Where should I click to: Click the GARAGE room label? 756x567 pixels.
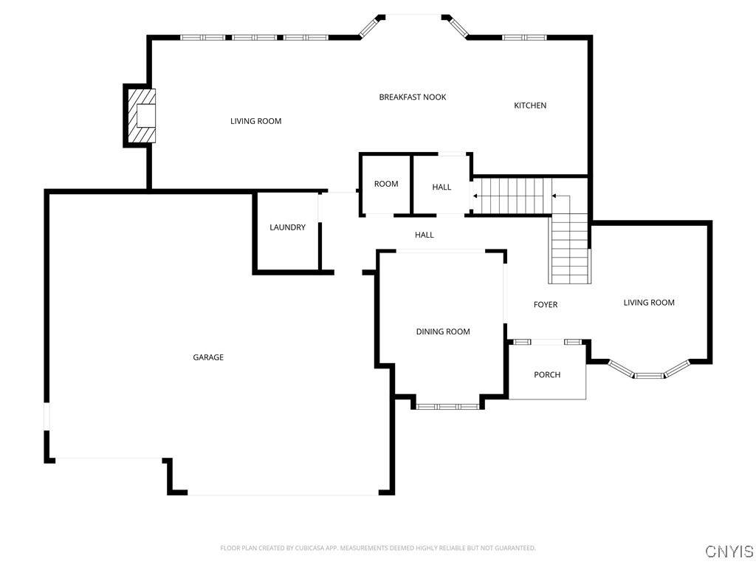coord(208,357)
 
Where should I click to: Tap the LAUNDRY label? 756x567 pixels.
coord(287,227)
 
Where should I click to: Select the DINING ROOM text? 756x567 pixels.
coord(443,331)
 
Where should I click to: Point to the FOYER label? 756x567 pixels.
coord(546,305)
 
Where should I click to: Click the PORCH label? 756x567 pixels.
coord(547,374)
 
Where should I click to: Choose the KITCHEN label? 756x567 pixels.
coord(530,106)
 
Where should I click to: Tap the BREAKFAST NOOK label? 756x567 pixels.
coord(413,97)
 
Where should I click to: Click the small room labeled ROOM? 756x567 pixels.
coord(386,184)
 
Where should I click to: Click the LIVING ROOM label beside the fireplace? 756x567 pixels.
coord(256,121)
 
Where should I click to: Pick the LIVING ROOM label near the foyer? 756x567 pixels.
coord(649,303)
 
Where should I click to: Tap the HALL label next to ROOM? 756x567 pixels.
coord(441,187)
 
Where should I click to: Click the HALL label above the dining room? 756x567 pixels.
coord(425,235)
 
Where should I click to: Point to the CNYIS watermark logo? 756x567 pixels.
coord(729,551)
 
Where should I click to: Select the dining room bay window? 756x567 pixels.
coord(447,407)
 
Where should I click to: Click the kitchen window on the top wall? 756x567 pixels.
coord(524,38)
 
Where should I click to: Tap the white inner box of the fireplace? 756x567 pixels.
coord(146,116)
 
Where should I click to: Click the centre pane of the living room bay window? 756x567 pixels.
coord(649,376)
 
